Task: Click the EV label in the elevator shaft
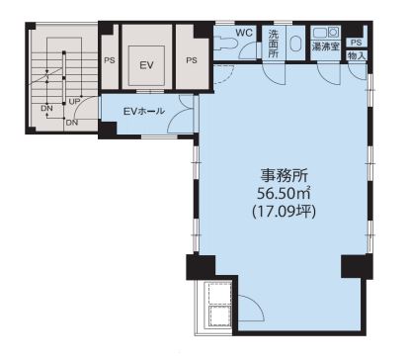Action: pos(146,65)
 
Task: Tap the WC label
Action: pos(244,33)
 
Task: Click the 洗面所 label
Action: pos(274,44)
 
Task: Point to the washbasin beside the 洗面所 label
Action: pos(295,44)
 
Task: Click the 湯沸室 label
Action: pos(325,46)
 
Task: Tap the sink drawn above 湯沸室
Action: pos(325,34)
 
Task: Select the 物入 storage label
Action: pos(357,55)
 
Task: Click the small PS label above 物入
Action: pos(356,43)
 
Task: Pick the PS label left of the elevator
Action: pos(110,60)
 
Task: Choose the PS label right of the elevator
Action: pos(192,60)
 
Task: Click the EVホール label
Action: pos(144,111)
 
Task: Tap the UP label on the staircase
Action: pos(74,102)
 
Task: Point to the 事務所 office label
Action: pos(285,175)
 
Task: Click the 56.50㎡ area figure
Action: pos(284,194)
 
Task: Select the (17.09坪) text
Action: pos(284,212)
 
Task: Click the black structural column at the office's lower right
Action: pos(357,266)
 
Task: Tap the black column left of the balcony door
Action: pos(201,267)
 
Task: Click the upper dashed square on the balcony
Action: pos(218,293)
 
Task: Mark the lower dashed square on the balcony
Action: pos(218,316)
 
